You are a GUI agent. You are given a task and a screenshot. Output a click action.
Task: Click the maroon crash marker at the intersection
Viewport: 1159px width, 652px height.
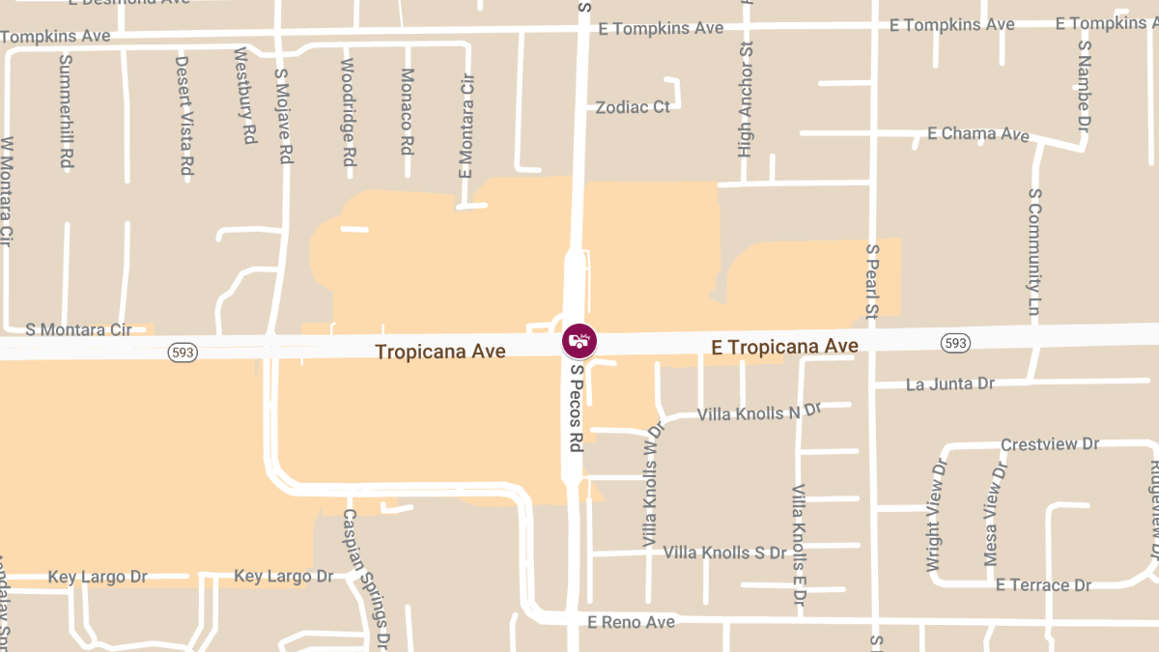[579, 340]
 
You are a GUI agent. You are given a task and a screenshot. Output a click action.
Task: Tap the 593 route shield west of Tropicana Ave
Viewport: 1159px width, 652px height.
[183, 352]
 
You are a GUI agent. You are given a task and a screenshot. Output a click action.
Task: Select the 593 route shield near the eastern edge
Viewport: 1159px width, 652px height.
[955, 343]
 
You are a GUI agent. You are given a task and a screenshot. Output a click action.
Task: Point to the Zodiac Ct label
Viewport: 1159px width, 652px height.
[633, 107]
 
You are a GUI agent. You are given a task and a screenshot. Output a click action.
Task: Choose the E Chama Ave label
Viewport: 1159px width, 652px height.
[977, 133]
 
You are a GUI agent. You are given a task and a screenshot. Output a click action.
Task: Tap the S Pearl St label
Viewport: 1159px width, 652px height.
[871, 281]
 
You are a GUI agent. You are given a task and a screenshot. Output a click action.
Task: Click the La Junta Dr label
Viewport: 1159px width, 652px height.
[949, 384]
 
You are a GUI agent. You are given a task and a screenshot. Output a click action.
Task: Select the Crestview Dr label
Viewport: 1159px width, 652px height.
[1050, 444]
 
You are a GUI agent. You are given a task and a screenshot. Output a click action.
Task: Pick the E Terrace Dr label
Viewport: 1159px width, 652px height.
[1043, 585]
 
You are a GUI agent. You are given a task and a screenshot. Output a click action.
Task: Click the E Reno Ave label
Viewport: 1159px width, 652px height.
[631, 622]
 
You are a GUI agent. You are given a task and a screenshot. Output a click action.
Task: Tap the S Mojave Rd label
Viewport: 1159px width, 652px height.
[283, 114]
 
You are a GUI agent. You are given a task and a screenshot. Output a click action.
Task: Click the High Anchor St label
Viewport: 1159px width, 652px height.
[745, 99]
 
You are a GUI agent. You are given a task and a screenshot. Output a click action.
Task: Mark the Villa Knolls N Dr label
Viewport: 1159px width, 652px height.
[759, 413]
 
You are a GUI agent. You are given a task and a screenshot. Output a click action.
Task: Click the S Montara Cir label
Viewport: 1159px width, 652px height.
[78, 330]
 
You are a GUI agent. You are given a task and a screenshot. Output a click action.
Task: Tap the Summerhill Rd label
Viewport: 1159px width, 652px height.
[66, 111]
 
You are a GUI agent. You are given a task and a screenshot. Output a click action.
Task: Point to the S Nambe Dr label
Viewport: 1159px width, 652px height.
[1084, 85]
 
